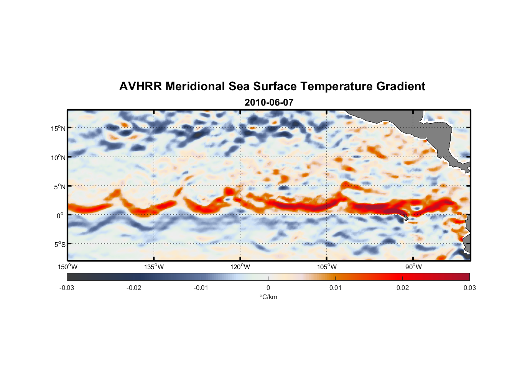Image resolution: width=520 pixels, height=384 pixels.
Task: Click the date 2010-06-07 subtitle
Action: [x=269, y=103]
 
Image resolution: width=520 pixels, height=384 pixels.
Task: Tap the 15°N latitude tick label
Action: [x=58, y=128]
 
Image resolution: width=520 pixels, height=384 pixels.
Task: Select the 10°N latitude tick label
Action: [x=58, y=157]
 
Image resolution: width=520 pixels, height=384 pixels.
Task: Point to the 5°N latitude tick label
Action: [x=59, y=187]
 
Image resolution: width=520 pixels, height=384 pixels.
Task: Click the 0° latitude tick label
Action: [x=61, y=215]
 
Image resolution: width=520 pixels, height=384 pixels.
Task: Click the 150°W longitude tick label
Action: [x=68, y=267]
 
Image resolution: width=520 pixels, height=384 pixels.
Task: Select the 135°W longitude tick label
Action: [x=154, y=267]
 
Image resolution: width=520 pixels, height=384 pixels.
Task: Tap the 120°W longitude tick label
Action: [x=240, y=267]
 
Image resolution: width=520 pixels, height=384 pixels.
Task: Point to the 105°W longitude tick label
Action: [x=327, y=267]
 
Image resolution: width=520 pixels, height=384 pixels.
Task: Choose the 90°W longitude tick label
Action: [x=413, y=267]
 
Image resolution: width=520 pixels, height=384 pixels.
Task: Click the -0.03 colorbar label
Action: [x=67, y=288]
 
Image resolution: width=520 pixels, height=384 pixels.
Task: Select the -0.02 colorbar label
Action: [x=134, y=288]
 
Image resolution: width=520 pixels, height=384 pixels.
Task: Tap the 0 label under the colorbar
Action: [x=268, y=288]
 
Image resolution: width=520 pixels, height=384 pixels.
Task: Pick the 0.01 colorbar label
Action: [x=335, y=288]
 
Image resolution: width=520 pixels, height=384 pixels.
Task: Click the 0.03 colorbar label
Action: [x=469, y=288]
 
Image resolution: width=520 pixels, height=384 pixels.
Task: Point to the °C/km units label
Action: [x=268, y=297]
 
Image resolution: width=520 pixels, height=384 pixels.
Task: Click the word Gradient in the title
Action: [x=401, y=86]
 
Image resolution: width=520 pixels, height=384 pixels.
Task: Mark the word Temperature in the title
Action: [x=336, y=86]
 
